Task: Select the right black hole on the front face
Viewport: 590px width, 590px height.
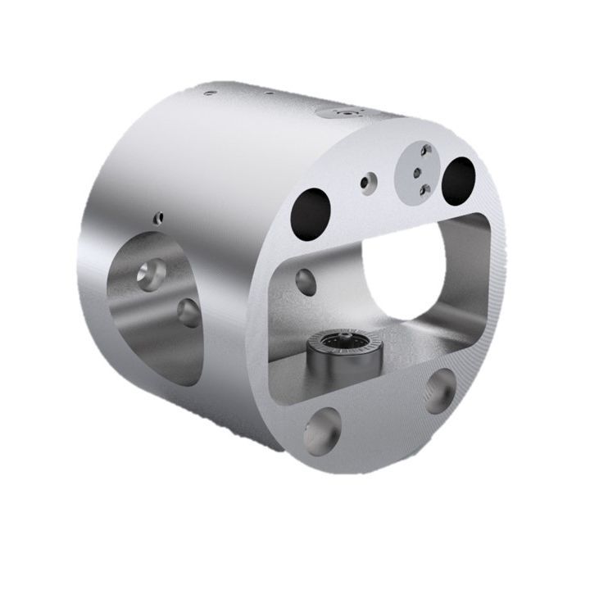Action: [458, 180]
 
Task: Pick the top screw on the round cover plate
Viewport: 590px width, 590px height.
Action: [425, 150]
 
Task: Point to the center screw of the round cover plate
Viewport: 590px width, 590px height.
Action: [418, 170]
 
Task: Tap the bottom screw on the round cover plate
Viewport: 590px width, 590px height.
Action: [424, 190]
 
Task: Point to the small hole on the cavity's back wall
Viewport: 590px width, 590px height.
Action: [306, 279]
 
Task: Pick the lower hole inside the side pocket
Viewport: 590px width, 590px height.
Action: [188, 312]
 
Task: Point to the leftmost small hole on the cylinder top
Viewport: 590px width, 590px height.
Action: [210, 93]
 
